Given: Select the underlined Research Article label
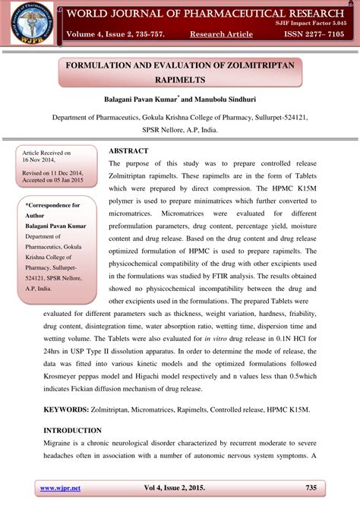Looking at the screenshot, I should point(221,35).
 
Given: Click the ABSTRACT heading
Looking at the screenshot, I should point(133,151).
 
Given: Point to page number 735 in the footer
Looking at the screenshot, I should point(311,487).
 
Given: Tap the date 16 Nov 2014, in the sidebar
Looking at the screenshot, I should point(42,160).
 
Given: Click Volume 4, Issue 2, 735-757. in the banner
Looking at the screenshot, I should point(111,35).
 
